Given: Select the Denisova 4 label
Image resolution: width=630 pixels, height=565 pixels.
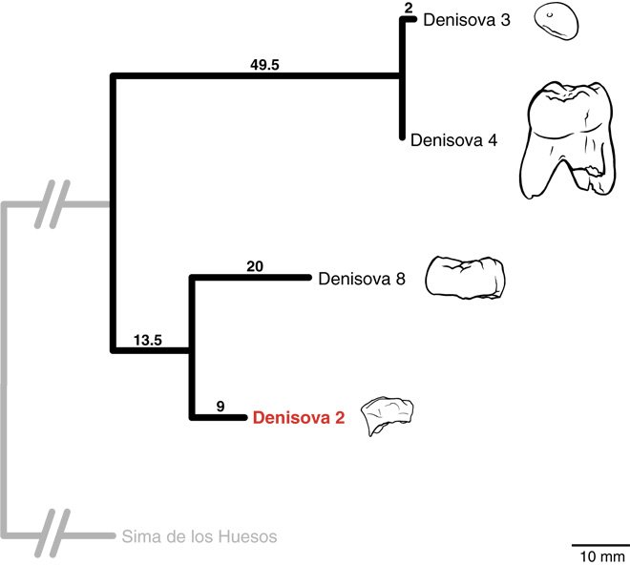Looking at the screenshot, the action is tap(453, 139).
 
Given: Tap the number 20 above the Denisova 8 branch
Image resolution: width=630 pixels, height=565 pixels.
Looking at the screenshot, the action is tap(254, 265).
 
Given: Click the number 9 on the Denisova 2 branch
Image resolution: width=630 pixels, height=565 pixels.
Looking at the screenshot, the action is tap(220, 406).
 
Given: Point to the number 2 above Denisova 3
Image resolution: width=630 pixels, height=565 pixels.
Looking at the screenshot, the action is tap(408, 8).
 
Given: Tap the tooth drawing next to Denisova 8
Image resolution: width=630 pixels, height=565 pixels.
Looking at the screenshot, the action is tap(464, 277).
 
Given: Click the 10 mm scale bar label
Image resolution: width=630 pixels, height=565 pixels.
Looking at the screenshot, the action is tap(599, 555).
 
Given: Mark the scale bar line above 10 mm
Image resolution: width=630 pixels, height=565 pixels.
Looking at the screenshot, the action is tap(599, 543).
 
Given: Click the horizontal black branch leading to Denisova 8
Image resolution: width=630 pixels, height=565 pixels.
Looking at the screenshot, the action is tap(252, 278).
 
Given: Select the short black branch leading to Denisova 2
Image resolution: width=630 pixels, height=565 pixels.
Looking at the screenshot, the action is tap(220, 417).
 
